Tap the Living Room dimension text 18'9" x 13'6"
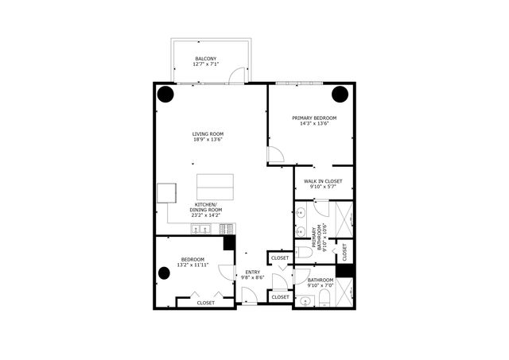[208, 140]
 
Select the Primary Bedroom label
[314, 118]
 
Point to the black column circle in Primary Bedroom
[340, 94]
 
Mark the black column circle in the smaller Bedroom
[165, 273]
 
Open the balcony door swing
[234, 75]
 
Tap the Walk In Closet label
[323, 181]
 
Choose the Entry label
[253, 272]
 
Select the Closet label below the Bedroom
[205, 303]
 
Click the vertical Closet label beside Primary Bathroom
[344, 252]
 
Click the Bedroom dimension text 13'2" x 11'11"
[193, 265]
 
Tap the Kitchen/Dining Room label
[207, 210]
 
